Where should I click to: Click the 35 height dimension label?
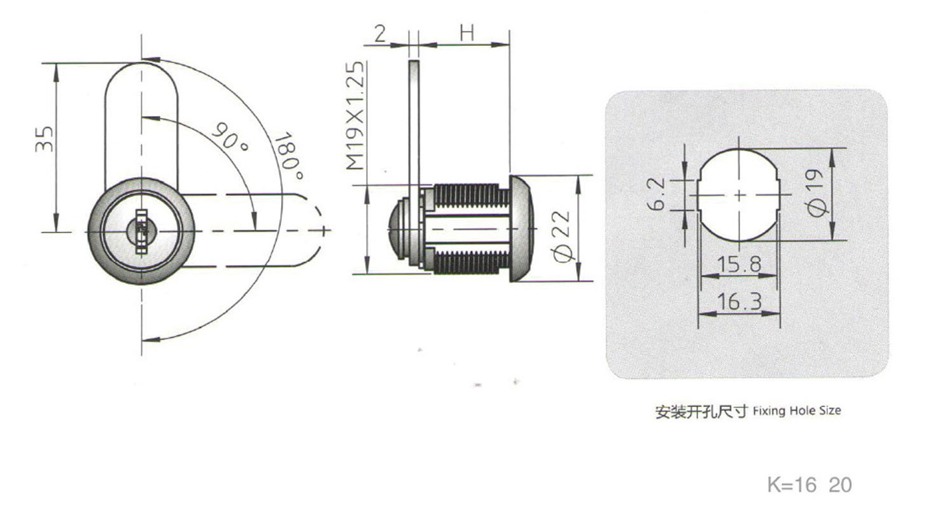[43, 138]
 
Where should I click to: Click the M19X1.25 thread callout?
[356, 115]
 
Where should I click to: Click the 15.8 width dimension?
[739, 264]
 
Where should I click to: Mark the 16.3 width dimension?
[739, 302]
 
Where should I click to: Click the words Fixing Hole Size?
[796, 411]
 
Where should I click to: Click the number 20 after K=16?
[839, 485]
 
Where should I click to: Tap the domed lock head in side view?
[521, 229]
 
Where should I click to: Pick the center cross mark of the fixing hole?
[739, 195]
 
